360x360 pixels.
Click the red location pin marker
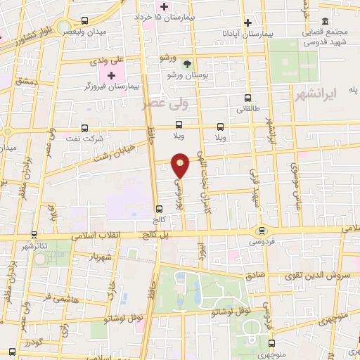(181, 165)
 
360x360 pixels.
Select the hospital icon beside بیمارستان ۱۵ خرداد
(164, 6)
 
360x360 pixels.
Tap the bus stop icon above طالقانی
(247, 98)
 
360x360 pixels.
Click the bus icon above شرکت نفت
(85, 128)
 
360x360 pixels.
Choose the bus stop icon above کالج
(159, 208)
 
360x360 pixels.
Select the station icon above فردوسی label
(262, 229)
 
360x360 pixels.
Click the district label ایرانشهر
(332, 93)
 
